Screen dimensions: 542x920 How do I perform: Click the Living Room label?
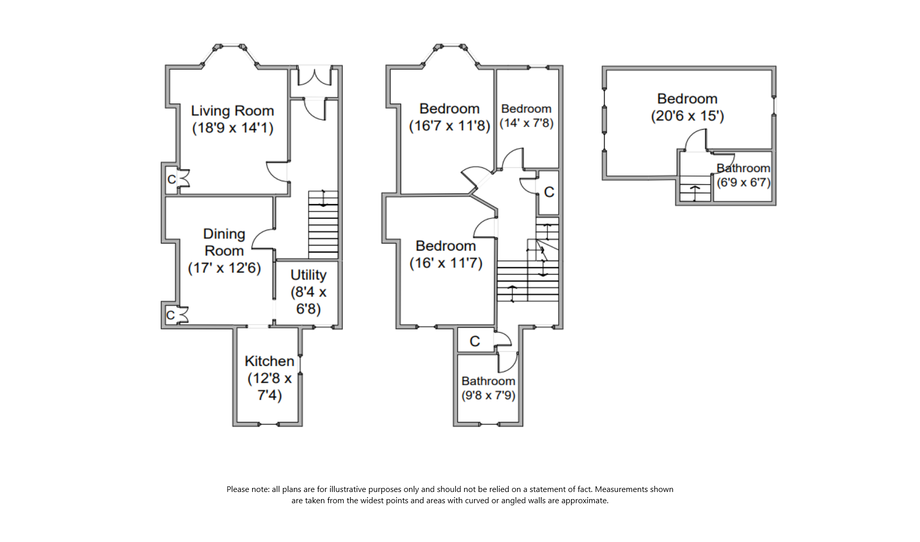pyautogui.click(x=232, y=111)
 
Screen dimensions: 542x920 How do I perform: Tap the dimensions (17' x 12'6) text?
pyautogui.click(x=224, y=268)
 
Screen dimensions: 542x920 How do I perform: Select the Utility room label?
pyautogui.click(x=308, y=275)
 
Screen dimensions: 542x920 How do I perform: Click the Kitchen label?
pyautogui.click(x=269, y=361)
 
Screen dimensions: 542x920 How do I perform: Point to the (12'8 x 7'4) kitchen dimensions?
pyautogui.click(x=269, y=387)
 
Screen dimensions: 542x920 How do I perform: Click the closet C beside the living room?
pyautogui.click(x=172, y=179)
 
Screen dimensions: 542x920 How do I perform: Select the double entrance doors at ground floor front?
pyautogui.click(x=314, y=76)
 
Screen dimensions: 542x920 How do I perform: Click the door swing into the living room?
pyautogui.click(x=278, y=171)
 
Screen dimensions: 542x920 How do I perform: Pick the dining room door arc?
pyautogui.click(x=263, y=238)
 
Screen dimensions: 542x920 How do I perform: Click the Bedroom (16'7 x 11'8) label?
pyautogui.click(x=449, y=109)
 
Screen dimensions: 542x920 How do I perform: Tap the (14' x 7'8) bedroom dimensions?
pyautogui.click(x=526, y=123)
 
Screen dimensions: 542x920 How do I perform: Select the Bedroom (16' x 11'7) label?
pyautogui.click(x=445, y=246)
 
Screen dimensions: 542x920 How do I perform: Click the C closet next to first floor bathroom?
pyautogui.click(x=475, y=341)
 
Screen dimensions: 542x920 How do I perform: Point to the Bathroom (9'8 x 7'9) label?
pyautogui.click(x=488, y=381)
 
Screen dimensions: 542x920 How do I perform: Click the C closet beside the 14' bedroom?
pyautogui.click(x=549, y=192)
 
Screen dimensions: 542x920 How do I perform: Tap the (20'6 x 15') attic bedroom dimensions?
pyautogui.click(x=687, y=116)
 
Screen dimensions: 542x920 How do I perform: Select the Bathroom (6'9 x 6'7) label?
pyautogui.click(x=743, y=168)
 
